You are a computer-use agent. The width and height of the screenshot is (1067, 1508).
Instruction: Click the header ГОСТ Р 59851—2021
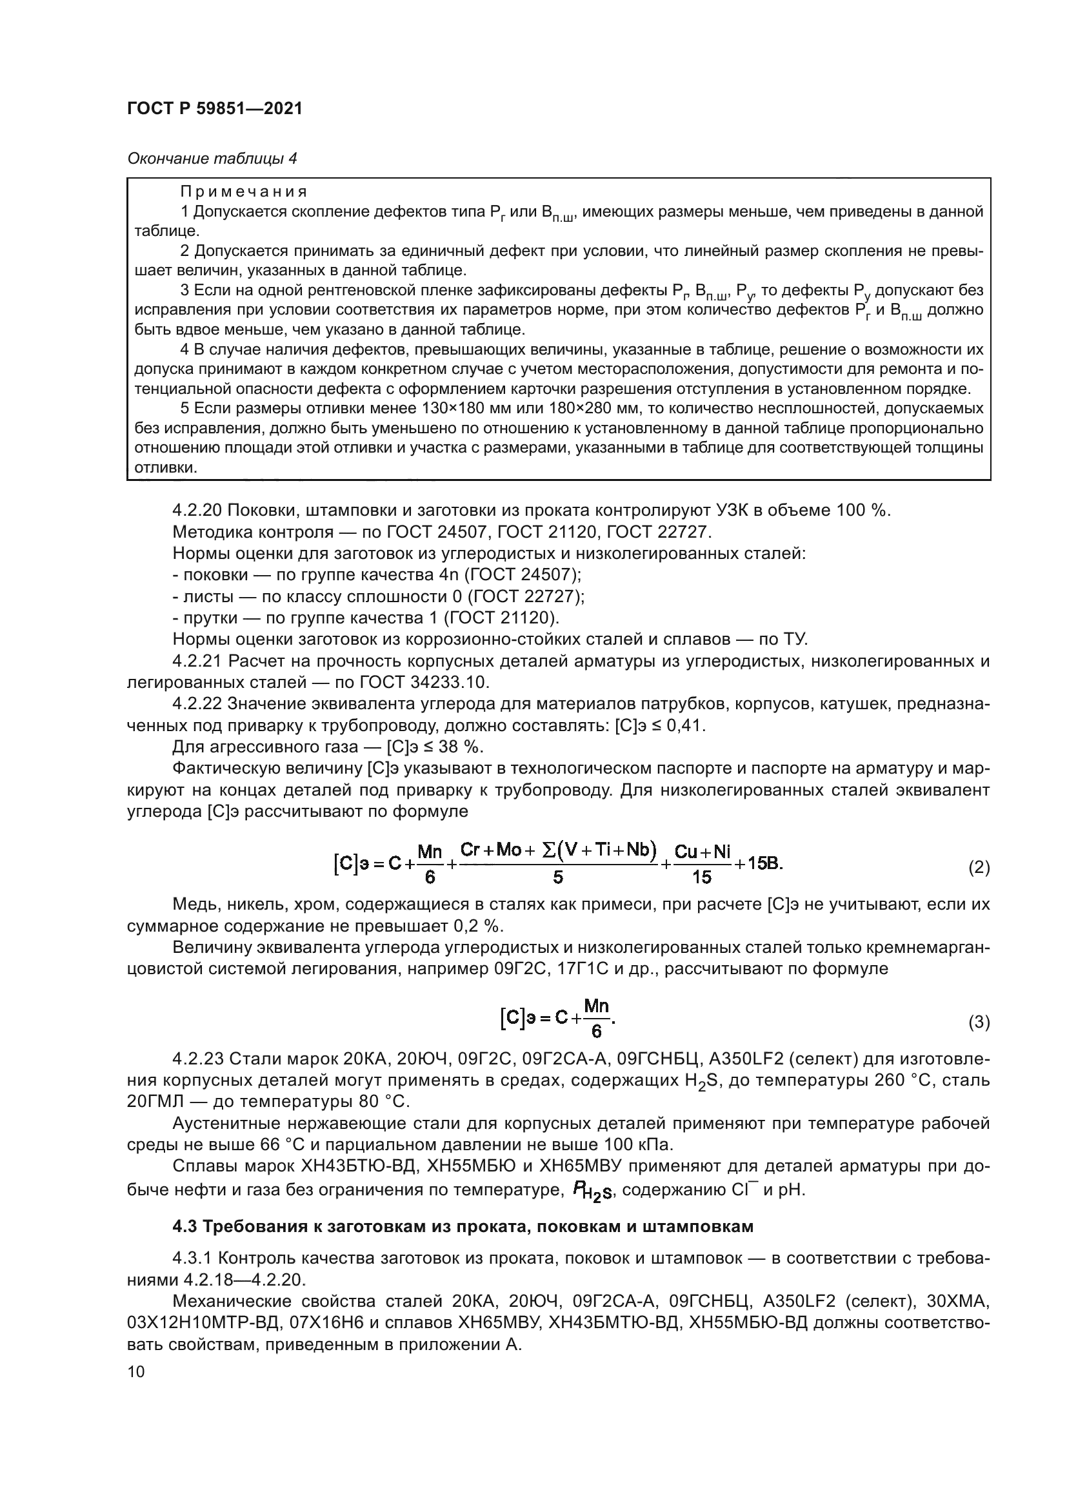[x=214, y=109]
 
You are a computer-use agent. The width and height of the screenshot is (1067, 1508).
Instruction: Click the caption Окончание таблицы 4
[x=212, y=159]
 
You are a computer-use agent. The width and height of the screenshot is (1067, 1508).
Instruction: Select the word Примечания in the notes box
[x=244, y=191]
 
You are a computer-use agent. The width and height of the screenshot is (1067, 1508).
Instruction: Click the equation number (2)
[x=979, y=868]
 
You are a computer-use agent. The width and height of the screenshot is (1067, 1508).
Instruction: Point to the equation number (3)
[x=979, y=1022]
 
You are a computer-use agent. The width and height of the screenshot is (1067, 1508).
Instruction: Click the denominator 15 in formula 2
[x=701, y=877]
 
